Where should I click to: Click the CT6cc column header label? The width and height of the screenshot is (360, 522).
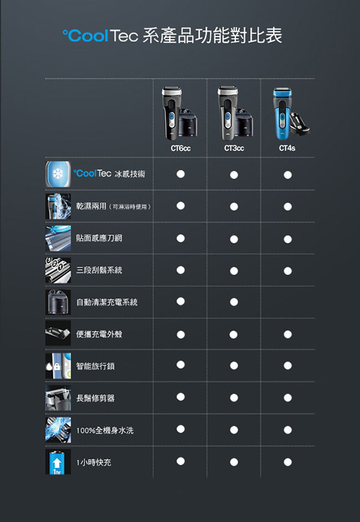click(181, 148)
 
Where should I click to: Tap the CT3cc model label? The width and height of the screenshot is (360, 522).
click(234, 148)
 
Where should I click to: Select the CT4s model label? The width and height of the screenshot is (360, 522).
click(287, 148)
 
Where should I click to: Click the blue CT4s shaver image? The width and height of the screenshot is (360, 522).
click(291, 114)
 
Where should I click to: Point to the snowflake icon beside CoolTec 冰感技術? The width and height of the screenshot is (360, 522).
click(58, 174)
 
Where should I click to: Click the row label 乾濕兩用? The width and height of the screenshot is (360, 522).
click(91, 206)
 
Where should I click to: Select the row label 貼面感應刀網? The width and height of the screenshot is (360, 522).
click(99, 238)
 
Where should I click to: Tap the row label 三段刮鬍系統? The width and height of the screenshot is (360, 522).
click(99, 270)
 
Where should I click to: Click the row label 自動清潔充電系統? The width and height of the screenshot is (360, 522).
click(107, 302)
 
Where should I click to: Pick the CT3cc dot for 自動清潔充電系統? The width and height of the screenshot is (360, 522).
click(234, 302)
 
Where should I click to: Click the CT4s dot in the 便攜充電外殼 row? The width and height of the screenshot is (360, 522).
click(288, 334)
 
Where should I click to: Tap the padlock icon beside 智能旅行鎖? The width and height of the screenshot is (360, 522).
click(57, 366)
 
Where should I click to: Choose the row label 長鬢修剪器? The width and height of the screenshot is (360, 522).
click(95, 398)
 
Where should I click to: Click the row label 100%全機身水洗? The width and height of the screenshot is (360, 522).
click(105, 431)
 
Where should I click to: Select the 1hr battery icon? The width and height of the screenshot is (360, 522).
click(58, 462)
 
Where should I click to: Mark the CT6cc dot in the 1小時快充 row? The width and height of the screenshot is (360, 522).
click(181, 461)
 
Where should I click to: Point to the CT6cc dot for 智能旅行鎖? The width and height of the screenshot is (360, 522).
click(181, 364)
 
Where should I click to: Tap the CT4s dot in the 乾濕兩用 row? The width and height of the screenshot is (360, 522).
click(288, 207)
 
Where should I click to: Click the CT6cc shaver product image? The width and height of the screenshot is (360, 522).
click(179, 114)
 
